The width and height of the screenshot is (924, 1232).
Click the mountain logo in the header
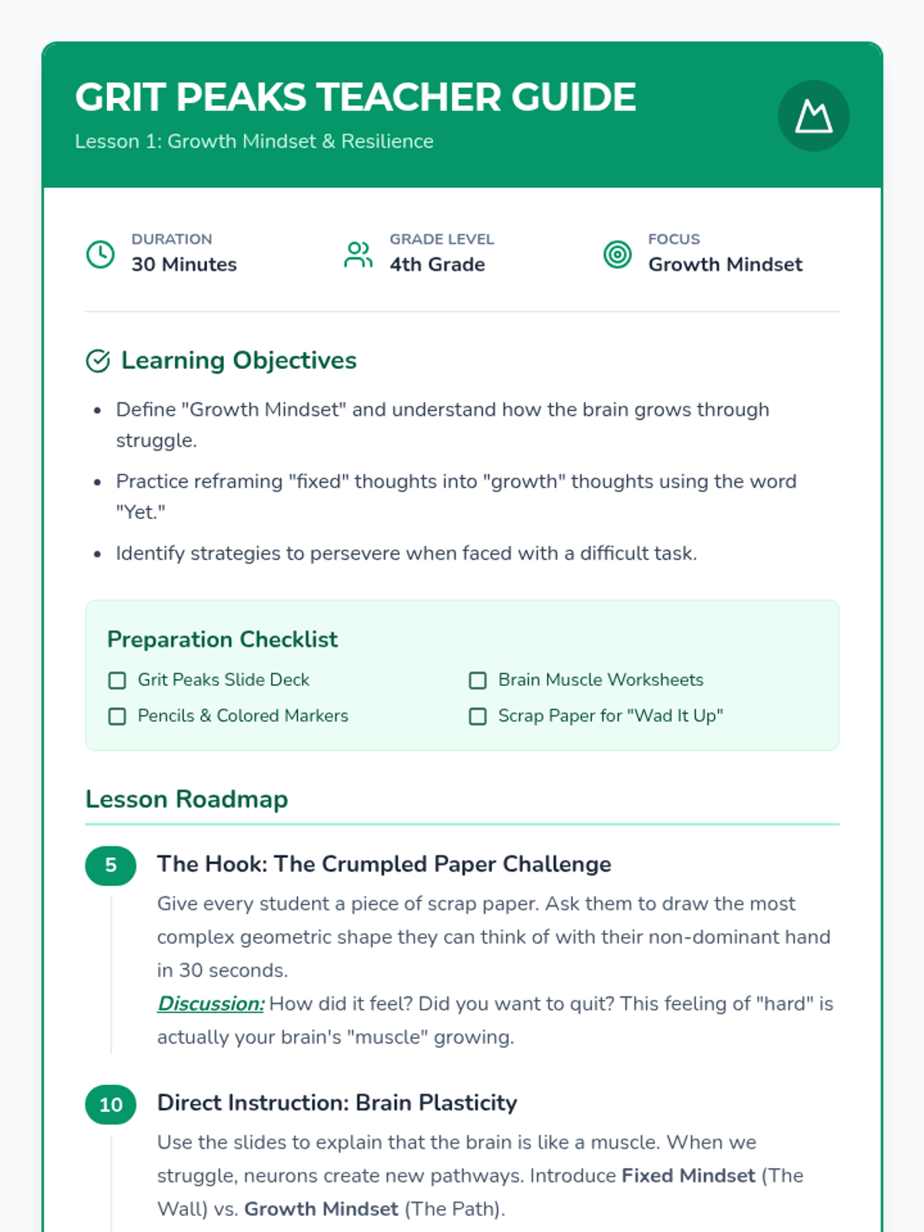tap(814, 116)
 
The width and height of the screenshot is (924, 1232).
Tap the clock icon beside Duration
tap(100, 254)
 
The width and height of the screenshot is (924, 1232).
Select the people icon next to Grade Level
tap(358, 254)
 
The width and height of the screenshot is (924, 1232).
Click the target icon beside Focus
tap(617, 254)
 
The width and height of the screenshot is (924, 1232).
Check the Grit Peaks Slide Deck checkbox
tap(117, 681)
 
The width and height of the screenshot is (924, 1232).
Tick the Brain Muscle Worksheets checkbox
tap(477, 681)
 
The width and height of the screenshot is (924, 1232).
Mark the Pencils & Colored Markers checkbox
tap(117, 717)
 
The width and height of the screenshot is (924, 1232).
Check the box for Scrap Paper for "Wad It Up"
tap(477, 717)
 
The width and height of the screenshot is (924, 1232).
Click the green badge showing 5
tap(111, 865)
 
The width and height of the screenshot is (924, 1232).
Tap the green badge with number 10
tap(111, 1105)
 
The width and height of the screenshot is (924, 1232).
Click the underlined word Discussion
tap(210, 1004)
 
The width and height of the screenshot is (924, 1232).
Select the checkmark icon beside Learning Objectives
tap(98, 360)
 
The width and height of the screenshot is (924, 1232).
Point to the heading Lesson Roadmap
tap(186, 799)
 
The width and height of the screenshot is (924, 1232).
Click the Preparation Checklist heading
tap(222, 639)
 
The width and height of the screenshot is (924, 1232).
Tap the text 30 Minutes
tap(184, 265)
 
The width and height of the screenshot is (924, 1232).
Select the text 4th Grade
tap(437, 265)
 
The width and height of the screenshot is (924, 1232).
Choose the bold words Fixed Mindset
tap(688, 1176)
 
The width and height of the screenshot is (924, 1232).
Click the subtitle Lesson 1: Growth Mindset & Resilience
tap(254, 142)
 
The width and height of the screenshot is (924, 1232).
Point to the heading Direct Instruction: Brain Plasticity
tap(336, 1103)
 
